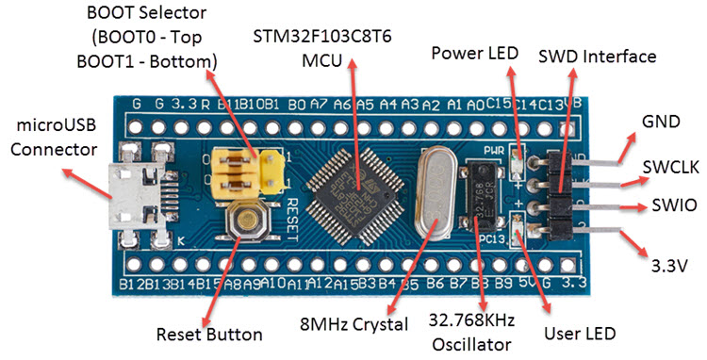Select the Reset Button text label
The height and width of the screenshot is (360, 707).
click(207, 334)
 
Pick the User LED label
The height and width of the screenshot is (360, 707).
click(581, 334)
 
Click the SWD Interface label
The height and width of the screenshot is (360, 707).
click(598, 57)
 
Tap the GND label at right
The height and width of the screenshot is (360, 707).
click(662, 123)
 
